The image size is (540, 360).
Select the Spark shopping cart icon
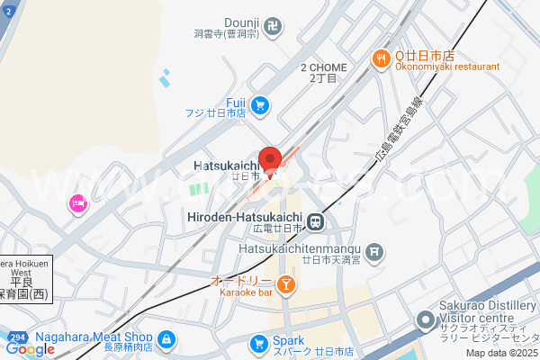259,342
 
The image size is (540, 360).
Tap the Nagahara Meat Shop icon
166,339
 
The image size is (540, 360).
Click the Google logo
30,349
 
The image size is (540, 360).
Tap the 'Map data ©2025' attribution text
500,352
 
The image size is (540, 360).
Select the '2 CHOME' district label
324,67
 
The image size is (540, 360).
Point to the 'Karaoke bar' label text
241,292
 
